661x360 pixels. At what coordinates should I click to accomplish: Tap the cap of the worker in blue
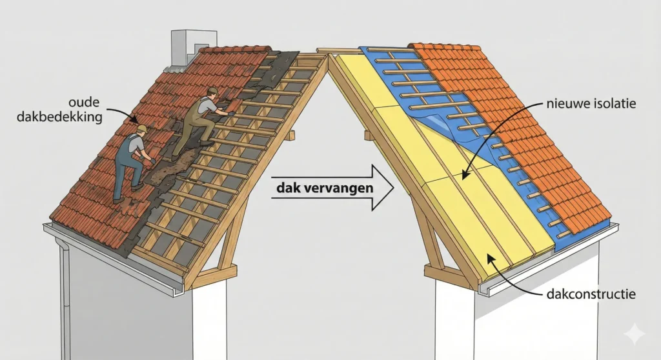point(141,129)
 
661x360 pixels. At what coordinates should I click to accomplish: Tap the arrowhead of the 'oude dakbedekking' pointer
point(135,120)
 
